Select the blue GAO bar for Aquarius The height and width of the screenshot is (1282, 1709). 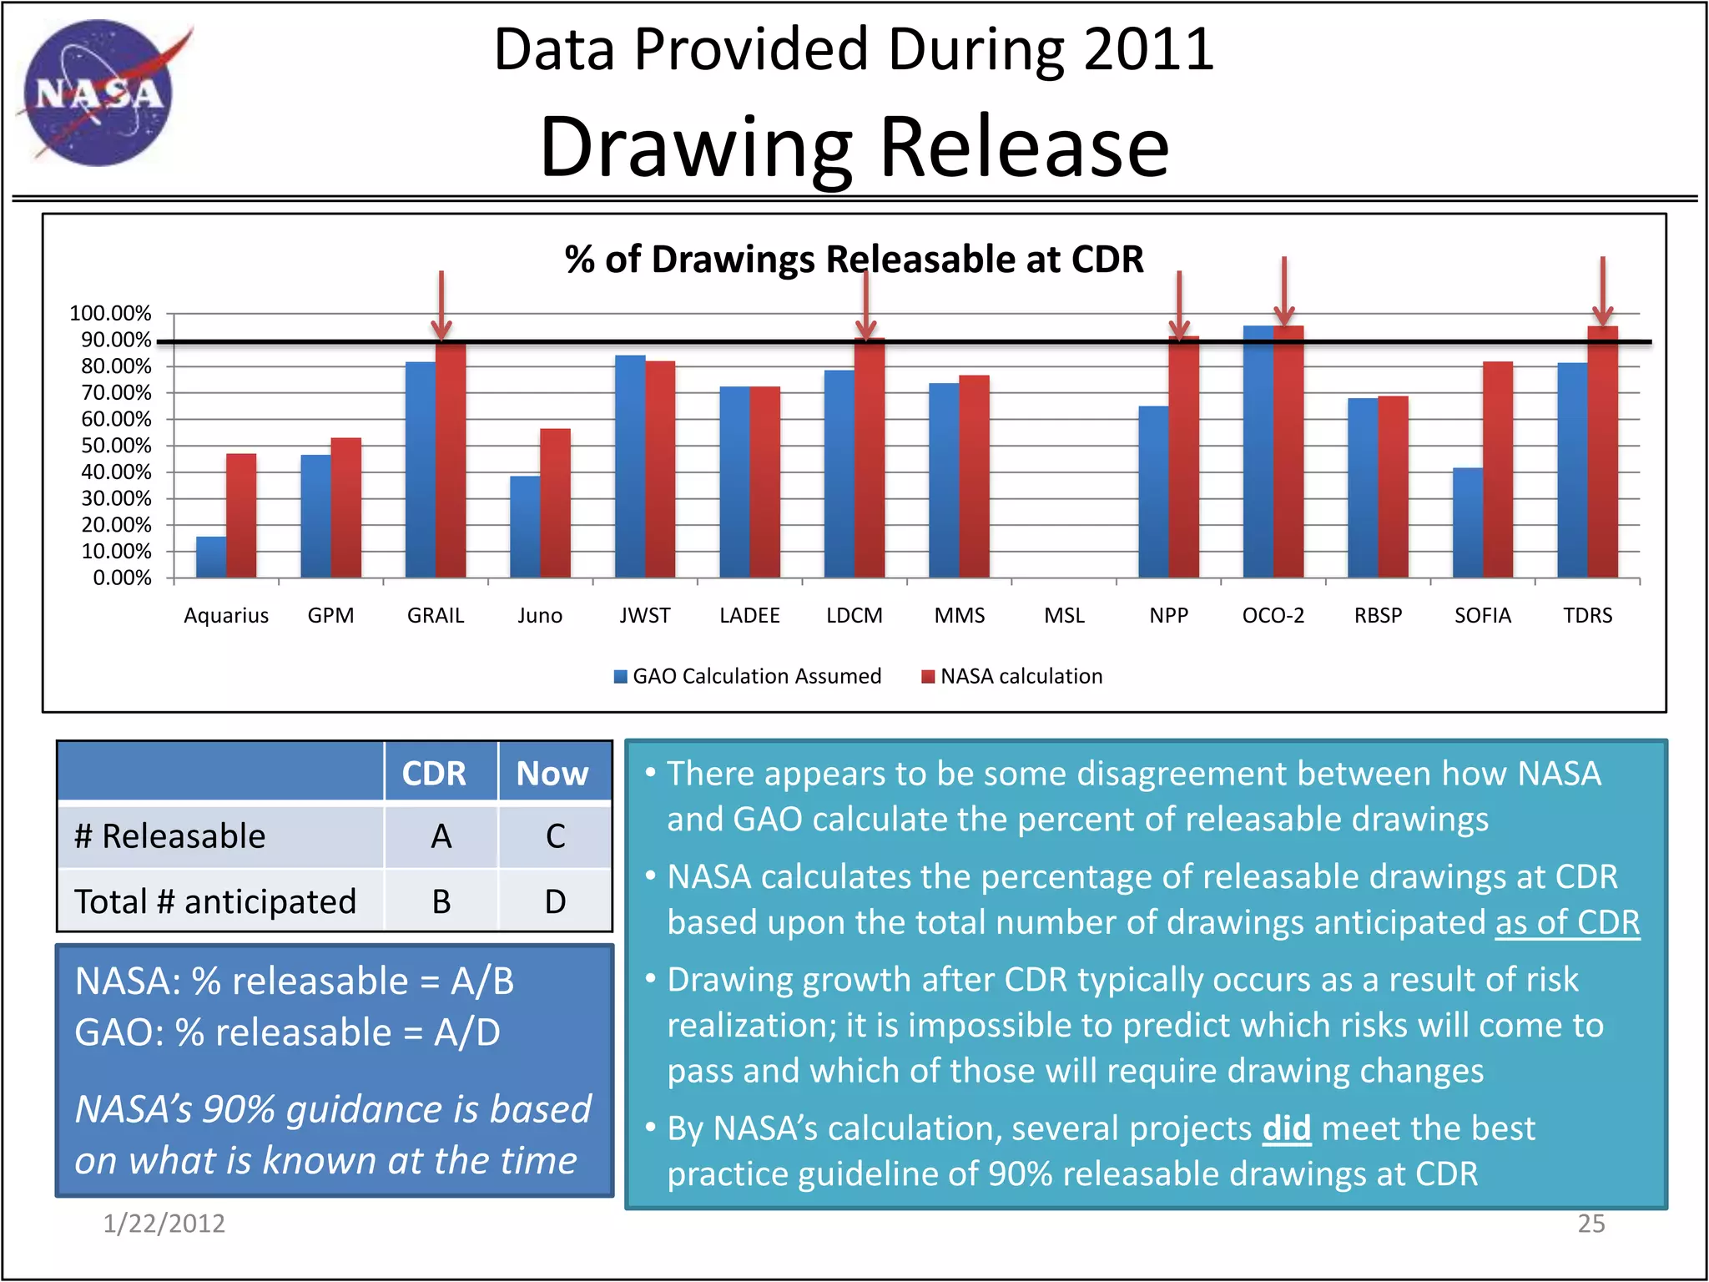tap(210, 558)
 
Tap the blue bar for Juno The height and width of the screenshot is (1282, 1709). tap(525, 527)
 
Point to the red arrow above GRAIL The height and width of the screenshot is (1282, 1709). tap(441, 305)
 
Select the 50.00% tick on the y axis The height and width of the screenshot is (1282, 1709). tap(116, 446)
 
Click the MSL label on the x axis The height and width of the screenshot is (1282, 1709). tap(1064, 616)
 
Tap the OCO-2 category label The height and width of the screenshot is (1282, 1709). tap(1273, 616)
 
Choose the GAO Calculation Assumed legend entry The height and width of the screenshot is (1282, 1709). tap(748, 676)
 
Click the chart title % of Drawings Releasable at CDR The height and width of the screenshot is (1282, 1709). tap(854, 259)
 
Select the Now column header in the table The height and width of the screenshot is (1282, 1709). tap(552, 774)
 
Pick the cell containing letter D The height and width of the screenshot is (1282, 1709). tap(555, 901)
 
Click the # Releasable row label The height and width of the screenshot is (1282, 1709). tap(170, 836)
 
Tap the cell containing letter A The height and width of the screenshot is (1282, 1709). tap(441, 836)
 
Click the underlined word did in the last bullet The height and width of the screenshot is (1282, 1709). tap(1286, 1128)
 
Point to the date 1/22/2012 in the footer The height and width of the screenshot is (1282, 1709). tap(164, 1224)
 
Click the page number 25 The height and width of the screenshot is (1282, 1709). tap(1591, 1224)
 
